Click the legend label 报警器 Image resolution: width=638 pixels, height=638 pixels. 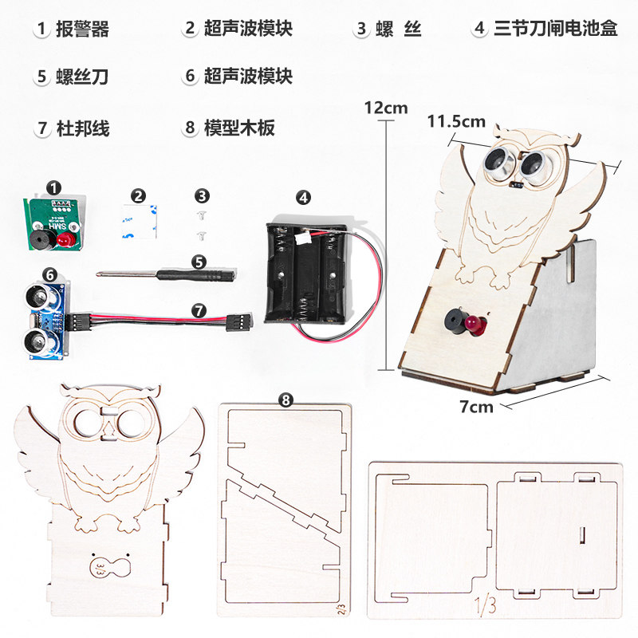[x=83, y=30]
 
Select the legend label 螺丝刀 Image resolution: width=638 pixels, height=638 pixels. [x=83, y=77]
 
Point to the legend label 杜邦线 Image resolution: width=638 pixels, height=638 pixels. [x=83, y=128]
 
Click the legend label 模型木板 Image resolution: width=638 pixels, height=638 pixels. [x=240, y=128]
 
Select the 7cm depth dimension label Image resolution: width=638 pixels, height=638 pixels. [x=477, y=407]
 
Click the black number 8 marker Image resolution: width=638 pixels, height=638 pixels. [x=286, y=400]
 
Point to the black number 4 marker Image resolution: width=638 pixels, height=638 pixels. [x=304, y=196]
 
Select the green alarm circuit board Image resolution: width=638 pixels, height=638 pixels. [x=53, y=223]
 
